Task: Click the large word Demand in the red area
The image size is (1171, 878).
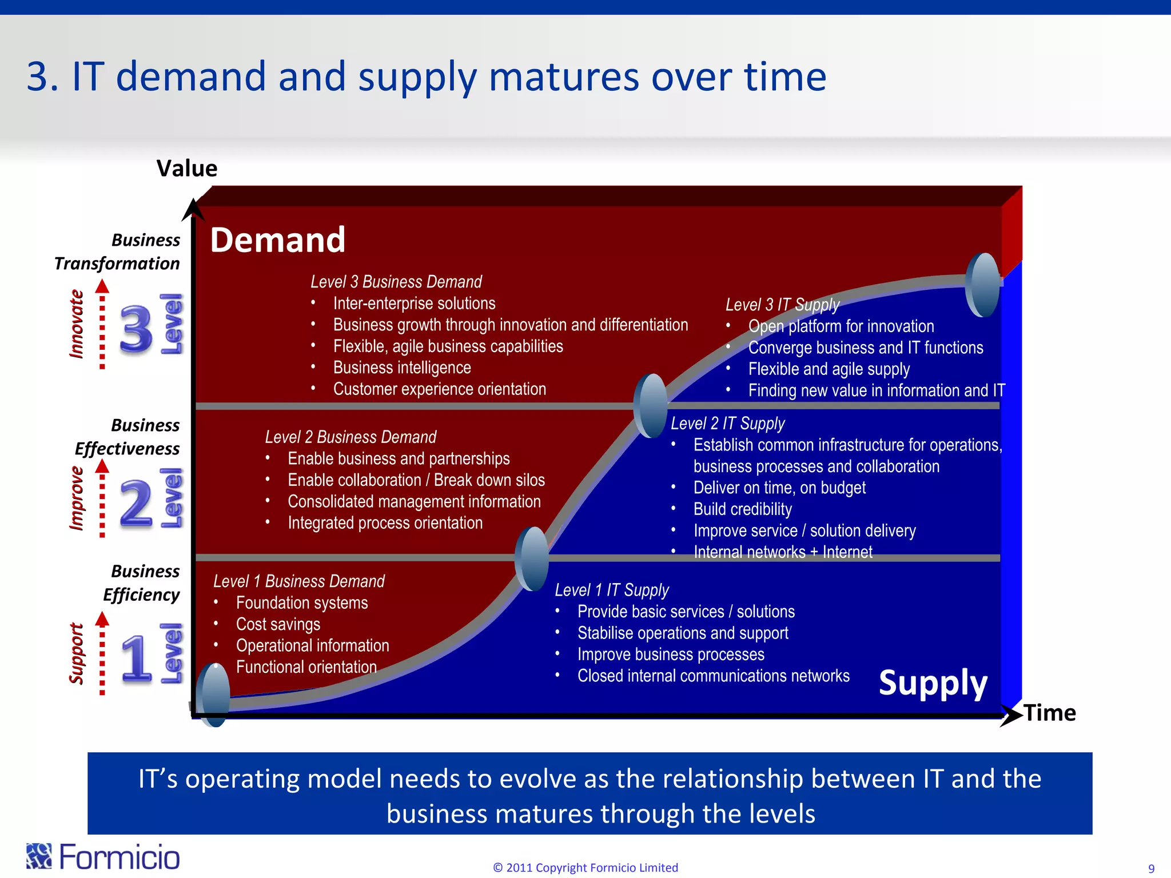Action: coord(278,240)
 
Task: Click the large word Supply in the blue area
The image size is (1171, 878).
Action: coord(933,683)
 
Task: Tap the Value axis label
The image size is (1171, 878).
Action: coord(187,169)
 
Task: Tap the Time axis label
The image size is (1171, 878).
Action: coord(1050,713)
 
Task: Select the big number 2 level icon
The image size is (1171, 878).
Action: coord(136,502)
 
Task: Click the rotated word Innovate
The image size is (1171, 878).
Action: coord(77,324)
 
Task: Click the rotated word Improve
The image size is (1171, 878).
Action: coord(77,498)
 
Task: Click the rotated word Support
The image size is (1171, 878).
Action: coord(77,653)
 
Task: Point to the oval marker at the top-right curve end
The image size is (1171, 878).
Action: coord(982,285)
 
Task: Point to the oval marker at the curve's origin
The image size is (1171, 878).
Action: coord(213,695)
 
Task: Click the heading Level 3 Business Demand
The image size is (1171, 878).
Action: coord(396,282)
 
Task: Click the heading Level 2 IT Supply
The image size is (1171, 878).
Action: coord(727,424)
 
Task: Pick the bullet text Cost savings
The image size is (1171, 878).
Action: coord(278,624)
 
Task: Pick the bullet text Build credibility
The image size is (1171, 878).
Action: coord(742,509)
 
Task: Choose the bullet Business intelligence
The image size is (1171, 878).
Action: coord(402,368)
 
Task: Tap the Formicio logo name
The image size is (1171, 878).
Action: coord(119,857)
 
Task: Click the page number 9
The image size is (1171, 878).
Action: coord(1151,869)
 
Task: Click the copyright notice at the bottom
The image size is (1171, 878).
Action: coord(585,868)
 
